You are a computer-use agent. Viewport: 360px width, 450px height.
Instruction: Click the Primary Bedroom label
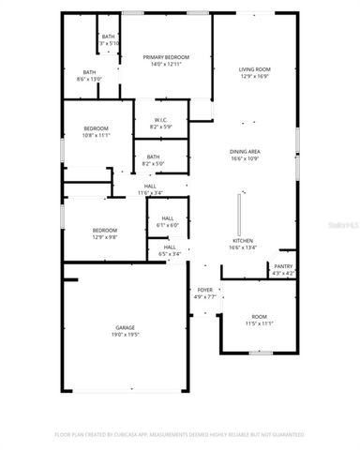tap(166, 57)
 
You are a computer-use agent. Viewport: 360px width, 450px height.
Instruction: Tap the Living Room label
tap(254, 70)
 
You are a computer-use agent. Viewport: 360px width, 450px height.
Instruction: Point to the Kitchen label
tap(243, 241)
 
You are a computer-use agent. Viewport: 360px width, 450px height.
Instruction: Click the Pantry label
tap(283, 266)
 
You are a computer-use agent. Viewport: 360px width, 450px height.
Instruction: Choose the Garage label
tap(126, 327)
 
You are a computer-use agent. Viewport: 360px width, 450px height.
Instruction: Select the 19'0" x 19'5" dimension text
tap(126, 335)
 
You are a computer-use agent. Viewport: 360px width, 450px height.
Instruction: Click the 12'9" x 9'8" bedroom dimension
tap(104, 237)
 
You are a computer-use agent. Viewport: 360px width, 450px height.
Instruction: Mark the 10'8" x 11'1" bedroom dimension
tap(97, 135)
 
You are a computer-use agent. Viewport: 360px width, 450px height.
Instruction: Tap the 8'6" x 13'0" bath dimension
tap(89, 80)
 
